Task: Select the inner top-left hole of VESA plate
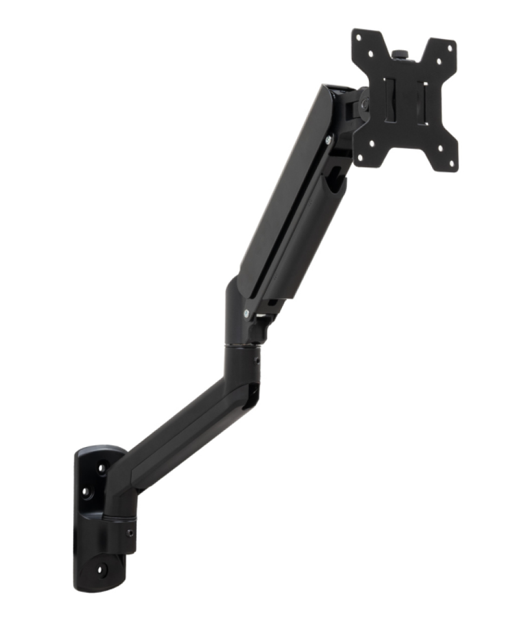coord(371,53)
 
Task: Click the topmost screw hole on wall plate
coord(101,468)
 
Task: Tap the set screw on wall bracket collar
coord(129,533)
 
